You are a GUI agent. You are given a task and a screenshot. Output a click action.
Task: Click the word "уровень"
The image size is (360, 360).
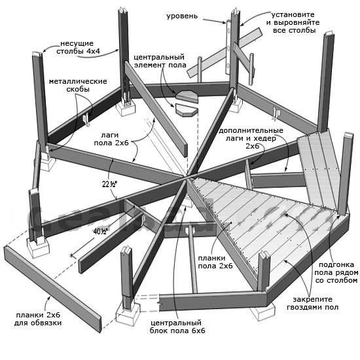[182, 16]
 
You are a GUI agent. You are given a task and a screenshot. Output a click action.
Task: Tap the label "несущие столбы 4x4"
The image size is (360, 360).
[78, 47]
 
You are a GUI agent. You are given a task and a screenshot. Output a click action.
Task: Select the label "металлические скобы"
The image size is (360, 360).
[78, 85]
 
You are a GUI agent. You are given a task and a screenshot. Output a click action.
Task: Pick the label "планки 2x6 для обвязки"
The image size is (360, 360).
[38, 319]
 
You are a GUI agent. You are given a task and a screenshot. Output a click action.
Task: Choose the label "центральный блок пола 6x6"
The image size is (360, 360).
[177, 327]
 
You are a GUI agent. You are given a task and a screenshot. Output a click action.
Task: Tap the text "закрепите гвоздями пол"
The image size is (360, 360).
[312, 303]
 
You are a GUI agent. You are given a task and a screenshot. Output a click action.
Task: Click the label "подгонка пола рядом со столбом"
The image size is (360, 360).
[336, 272]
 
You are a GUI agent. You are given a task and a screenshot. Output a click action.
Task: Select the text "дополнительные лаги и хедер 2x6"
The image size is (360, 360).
[251, 138]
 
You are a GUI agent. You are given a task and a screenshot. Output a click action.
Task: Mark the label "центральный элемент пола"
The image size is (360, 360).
[160, 61]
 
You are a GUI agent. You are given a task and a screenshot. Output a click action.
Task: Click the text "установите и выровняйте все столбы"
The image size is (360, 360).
[293, 22]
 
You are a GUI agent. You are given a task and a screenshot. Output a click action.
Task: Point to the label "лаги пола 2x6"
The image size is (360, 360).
[111, 139]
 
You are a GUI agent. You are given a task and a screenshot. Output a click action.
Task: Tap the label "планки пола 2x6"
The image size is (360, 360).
[215, 262]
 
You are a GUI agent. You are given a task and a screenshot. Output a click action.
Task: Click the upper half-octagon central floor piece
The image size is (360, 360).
[187, 96]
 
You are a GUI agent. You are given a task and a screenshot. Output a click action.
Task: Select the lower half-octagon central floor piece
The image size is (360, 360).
[187, 110]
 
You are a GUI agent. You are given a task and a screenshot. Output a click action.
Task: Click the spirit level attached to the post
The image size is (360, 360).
[228, 47]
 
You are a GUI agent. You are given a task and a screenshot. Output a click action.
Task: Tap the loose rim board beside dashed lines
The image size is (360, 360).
[52, 289]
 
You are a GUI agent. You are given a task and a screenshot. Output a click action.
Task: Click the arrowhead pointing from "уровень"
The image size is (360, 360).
[224, 22]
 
